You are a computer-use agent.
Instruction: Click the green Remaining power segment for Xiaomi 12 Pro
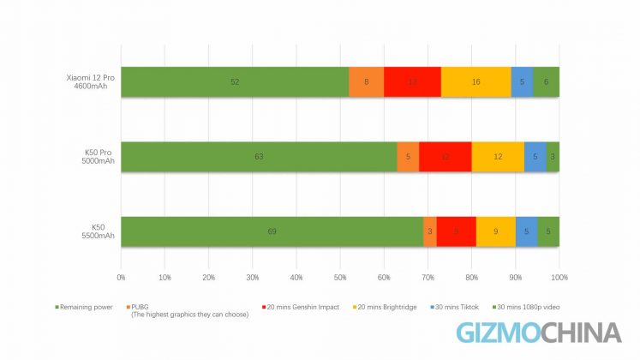[x=235, y=81]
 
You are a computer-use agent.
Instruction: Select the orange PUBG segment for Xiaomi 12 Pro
[x=366, y=81]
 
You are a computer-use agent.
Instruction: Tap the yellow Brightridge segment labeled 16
[x=476, y=81]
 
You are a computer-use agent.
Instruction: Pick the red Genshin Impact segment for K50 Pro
[x=445, y=157]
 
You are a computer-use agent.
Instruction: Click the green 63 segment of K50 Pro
[x=259, y=157]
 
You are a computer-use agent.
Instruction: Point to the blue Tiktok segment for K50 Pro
[x=535, y=157]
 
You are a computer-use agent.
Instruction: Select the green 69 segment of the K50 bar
[x=272, y=231]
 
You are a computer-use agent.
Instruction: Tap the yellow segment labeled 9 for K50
[x=495, y=231]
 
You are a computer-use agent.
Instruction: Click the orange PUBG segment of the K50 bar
[x=429, y=231]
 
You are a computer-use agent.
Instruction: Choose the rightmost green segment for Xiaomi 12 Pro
[x=546, y=81]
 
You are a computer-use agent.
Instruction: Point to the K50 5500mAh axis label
[x=102, y=231]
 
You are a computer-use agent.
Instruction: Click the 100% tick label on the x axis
[x=559, y=277]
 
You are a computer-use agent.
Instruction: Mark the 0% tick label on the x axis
[x=121, y=277]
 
